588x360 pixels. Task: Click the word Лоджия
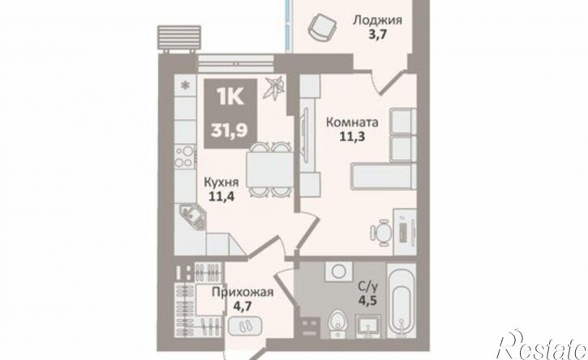point(377,19)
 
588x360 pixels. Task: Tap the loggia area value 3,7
point(377,35)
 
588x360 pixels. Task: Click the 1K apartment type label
point(230,97)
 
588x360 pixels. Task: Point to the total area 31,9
point(230,131)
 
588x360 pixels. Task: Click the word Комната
point(352,122)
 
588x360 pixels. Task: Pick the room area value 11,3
point(352,136)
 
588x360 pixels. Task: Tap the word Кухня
point(221,182)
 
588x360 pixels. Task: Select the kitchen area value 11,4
point(221,196)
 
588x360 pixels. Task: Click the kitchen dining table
point(269,169)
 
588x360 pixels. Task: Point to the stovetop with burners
point(185,156)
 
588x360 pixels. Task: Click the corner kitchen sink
point(193,216)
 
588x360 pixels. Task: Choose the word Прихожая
point(242,292)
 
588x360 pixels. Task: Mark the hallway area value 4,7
point(242,306)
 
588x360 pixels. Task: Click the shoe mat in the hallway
point(245,325)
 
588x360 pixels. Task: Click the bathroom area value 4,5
point(367,301)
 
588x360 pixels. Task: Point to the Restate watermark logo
point(542,345)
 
